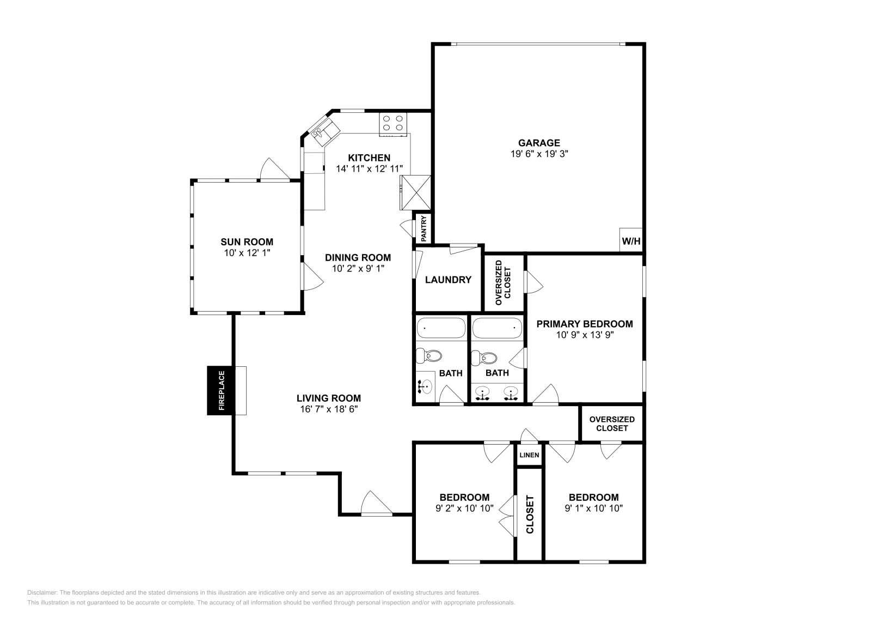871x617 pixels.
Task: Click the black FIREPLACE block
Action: coord(220,390)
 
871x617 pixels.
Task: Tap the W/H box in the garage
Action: coord(631,241)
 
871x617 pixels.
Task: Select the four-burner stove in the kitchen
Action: coord(393,123)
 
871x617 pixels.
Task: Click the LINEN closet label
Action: coord(529,455)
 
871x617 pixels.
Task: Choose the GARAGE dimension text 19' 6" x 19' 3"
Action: coord(539,154)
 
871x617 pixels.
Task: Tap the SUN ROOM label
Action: coord(247,242)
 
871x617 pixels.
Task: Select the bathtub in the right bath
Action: coord(497,328)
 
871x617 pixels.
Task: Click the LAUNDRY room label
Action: coord(448,280)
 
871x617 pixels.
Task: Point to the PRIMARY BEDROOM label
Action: coord(585,324)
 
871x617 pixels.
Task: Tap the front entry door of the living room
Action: coord(376,504)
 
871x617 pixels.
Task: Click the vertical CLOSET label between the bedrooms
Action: coord(530,515)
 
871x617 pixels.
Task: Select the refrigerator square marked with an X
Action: coord(416,192)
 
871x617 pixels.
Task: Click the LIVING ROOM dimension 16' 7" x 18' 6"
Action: coord(328,409)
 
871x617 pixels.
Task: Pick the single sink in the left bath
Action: coord(425,387)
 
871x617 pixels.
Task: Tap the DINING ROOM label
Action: coord(358,258)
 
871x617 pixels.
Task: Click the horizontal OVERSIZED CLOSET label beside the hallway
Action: coord(612,424)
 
